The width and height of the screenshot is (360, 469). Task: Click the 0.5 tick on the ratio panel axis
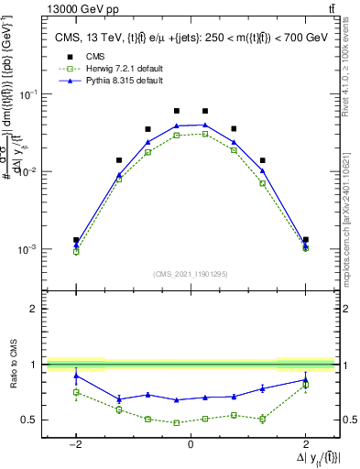pos(30,420)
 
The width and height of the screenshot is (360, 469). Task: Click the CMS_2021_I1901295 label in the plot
pos(190,273)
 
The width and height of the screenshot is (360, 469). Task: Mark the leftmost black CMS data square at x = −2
pos(76,240)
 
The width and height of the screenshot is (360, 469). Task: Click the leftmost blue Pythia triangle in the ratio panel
pos(76,376)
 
